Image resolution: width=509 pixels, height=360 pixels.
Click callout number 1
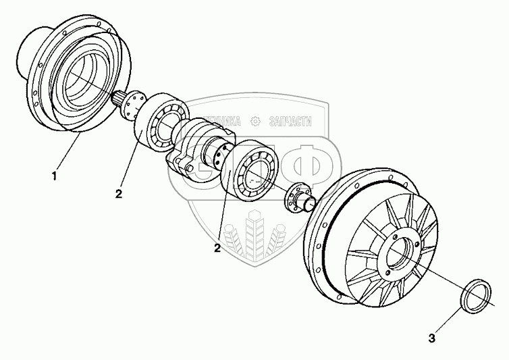(x=54, y=177)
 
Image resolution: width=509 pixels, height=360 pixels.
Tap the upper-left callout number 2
(x=118, y=195)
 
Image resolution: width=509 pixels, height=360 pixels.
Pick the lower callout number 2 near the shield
(x=217, y=248)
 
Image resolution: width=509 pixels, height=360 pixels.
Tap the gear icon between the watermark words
(x=254, y=122)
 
